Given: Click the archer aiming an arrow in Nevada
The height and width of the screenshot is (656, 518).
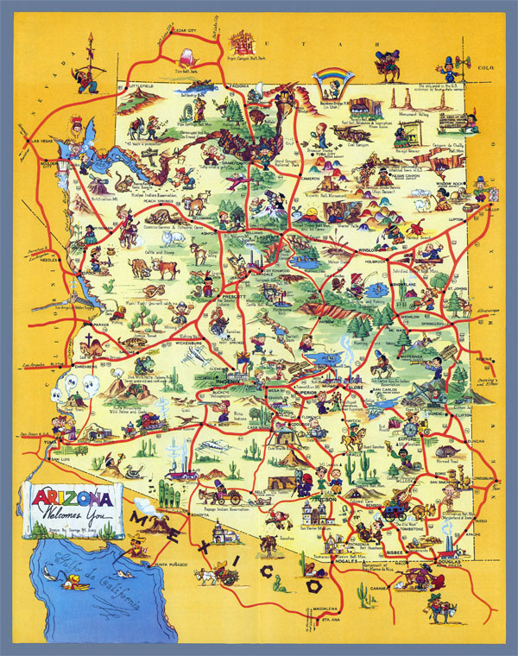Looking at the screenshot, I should [89, 64].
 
